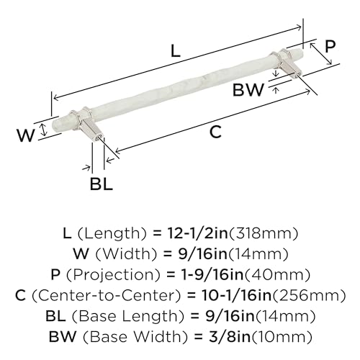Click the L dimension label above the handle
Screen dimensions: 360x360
[x=176, y=51]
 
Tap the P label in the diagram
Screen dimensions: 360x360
[x=330, y=46]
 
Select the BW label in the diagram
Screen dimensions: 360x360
[x=248, y=90]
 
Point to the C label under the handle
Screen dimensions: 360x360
[x=215, y=132]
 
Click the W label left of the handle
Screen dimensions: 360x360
[x=26, y=135]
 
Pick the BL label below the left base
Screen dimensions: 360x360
[x=102, y=184]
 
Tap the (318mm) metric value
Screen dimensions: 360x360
[x=264, y=234]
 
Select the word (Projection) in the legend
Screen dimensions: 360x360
[x=113, y=275]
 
